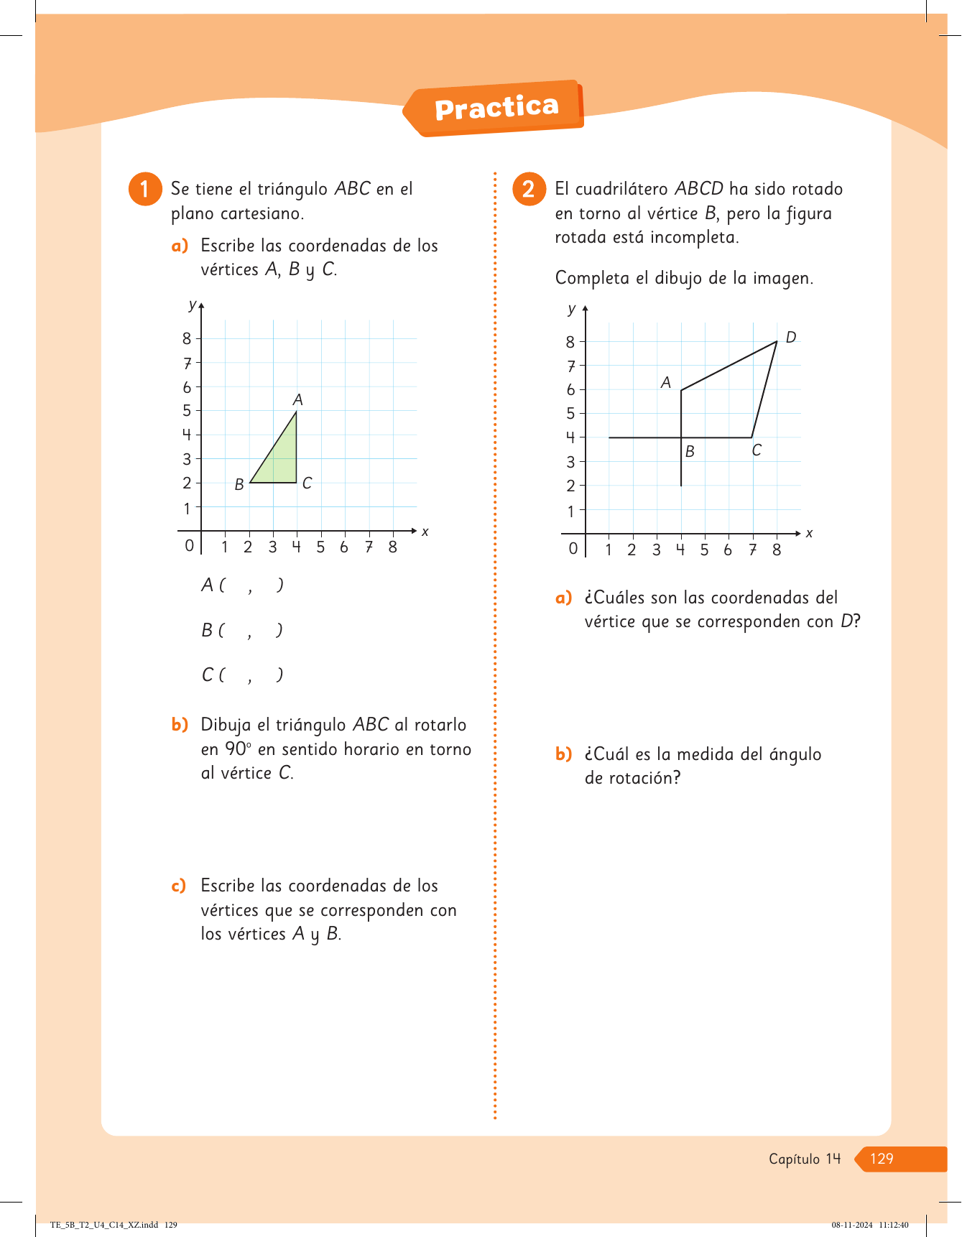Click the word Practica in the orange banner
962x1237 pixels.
point(496,108)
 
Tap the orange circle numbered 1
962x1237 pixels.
point(145,189)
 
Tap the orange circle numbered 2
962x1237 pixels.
point(529,189)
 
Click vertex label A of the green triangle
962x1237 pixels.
point(297,400)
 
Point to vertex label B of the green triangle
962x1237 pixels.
point(239,485)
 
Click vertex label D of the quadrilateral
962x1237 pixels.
point(790,338)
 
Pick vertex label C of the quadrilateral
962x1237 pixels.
point(757,450)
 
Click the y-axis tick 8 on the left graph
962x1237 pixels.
point(187,338)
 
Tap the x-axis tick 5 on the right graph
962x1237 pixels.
point(704,550)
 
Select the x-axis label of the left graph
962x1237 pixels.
point(425,532)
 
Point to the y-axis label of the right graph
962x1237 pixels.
point(572,309)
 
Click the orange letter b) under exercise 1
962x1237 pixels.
point(180,725)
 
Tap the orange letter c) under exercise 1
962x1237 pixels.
point(179,886)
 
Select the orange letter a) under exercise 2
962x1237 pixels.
point(563,598)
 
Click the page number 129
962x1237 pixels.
point(882,1158)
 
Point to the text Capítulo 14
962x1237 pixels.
point(804,1159)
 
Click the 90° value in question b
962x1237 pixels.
point(238,749)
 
